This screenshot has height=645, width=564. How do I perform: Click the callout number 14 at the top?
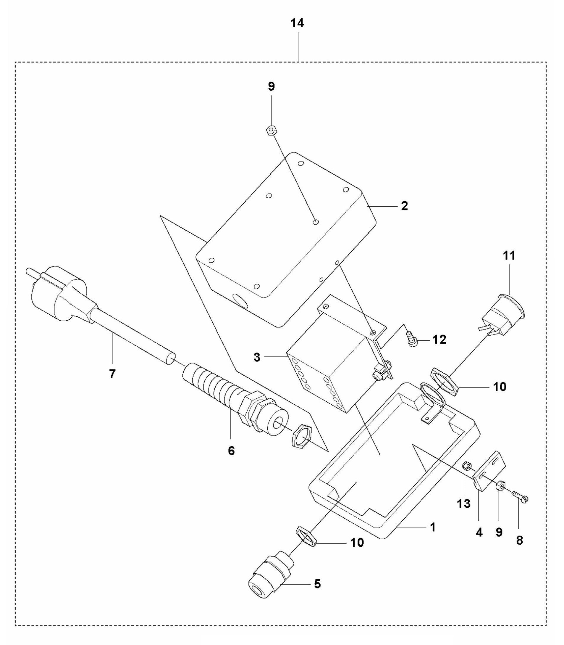[297, 23]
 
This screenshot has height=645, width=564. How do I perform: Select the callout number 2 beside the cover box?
[404, 206]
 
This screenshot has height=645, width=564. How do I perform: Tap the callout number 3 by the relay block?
[257, 357]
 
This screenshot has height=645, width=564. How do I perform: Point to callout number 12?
[439, 340]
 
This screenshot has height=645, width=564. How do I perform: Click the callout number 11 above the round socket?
[509, 255]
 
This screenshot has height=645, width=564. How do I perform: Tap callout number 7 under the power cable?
[112, 374]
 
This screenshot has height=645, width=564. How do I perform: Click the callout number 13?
[464, 504]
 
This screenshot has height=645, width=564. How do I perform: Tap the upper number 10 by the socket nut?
[500, 387]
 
